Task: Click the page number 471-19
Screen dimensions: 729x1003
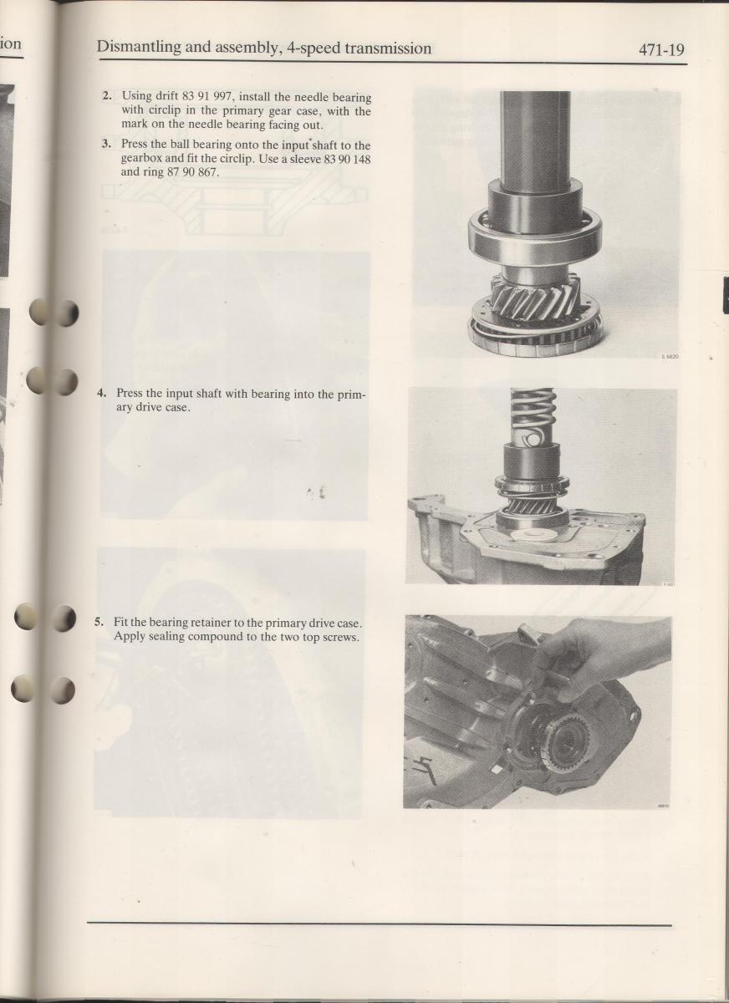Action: [x=662, y=50]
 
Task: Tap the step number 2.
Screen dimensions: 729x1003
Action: [x=106, y=95]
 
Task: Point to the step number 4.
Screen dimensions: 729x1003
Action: [x=102, y=393]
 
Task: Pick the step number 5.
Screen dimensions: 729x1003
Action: [x=99, y=622]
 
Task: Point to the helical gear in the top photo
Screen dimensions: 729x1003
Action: [x=536, y=298]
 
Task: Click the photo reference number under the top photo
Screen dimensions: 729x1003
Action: [x=670, y=357]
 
